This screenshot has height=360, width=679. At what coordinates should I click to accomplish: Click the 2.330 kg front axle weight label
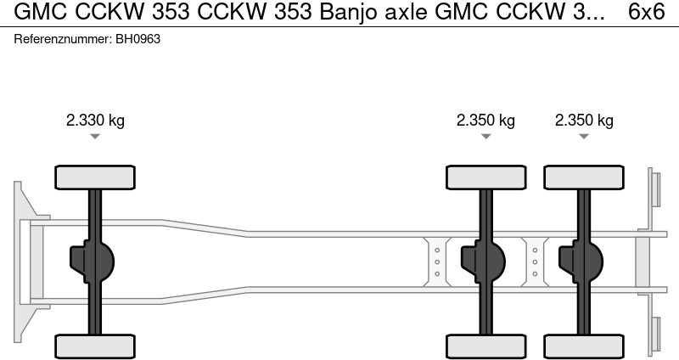click(x=95, y=121)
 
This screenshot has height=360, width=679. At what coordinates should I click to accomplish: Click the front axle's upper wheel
click(x=95, y=177)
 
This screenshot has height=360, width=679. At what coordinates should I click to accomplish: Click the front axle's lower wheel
click(x=95, y=346)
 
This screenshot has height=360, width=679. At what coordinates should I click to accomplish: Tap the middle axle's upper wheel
click(x=486, y=177)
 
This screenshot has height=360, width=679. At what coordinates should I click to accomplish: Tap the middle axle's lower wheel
click(x=486, y=346)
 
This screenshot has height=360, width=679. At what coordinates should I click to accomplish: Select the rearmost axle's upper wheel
click(x=584, y=177)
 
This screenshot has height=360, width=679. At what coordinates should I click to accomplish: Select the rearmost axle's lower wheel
click(x=584, y=346)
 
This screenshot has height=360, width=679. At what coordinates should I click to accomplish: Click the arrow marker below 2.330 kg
click(x=95, y=137)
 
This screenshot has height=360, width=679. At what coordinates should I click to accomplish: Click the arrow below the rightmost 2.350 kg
click(x=584, y=137)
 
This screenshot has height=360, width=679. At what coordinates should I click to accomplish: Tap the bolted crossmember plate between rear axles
click(x=536, y=262)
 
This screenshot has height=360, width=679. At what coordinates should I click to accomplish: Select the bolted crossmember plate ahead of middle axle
click(x=436, y=262)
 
